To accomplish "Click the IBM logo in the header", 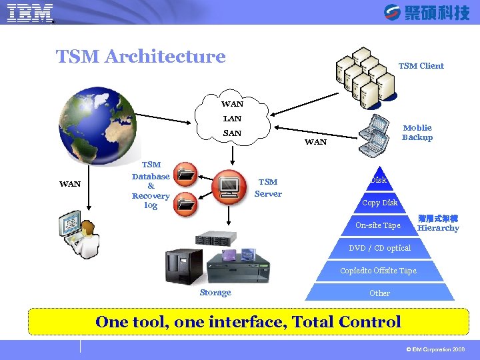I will coord(30,13).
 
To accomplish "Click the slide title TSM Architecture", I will coord(141,57).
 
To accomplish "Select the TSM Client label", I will coord(421,65).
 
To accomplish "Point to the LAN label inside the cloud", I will coord(232,119).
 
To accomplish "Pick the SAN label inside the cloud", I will coord(232,133).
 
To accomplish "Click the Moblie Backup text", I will coord(417,133).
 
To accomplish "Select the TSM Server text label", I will coord(268,188).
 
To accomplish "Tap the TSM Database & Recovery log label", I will coord(151,185).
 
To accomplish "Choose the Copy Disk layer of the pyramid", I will coord(379,203).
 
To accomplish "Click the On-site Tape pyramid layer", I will coord(378,225).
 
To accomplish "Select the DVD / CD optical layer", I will coord(379,248).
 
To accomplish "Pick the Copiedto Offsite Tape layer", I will coord(378,271).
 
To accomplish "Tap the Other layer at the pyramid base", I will coord(379,293).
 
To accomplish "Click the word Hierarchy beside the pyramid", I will coord(438,228).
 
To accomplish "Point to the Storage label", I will coord(215,293).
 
